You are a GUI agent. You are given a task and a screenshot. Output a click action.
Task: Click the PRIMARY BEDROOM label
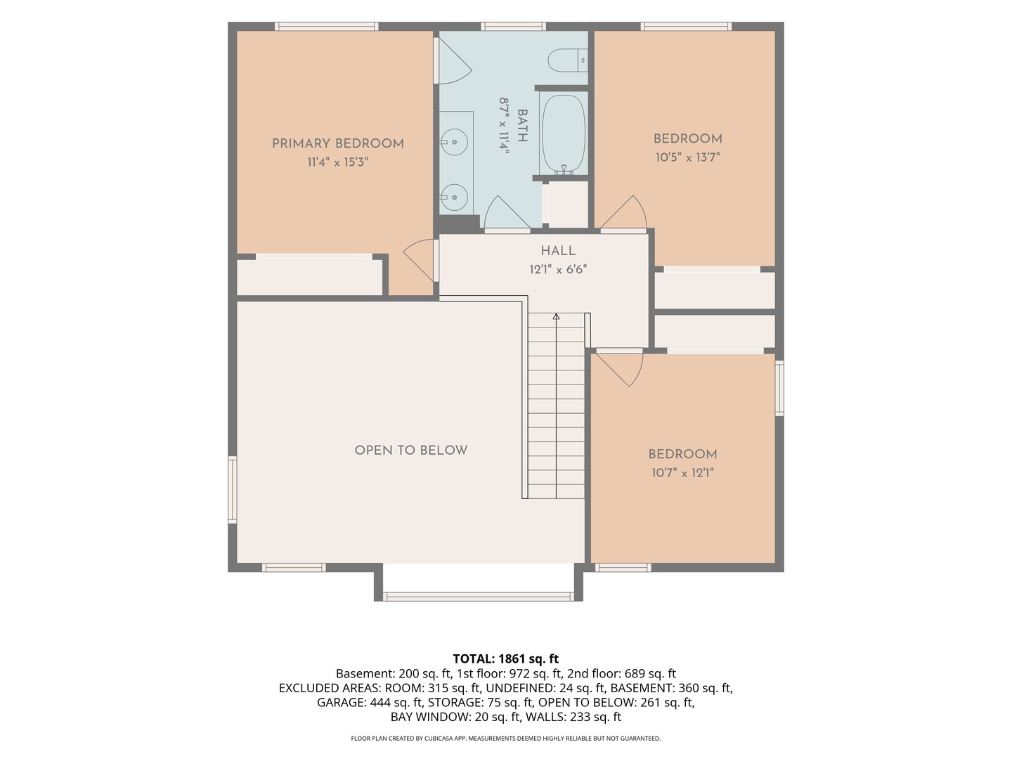click(338, 144)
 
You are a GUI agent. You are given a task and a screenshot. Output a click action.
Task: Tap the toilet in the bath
click(568, 60)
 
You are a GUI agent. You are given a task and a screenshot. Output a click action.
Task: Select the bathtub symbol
click(564, 134)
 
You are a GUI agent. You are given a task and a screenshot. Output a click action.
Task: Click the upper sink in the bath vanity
click(454, 142)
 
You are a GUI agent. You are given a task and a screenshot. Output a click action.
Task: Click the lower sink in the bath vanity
click(454, 197)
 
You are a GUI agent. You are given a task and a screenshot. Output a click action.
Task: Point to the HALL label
click(558, 251)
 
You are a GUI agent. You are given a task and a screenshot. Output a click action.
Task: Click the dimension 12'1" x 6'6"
click(558, 269)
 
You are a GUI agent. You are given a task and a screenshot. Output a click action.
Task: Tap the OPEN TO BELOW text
click(411, 450)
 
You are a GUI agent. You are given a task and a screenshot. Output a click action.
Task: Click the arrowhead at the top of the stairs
click(556, 316)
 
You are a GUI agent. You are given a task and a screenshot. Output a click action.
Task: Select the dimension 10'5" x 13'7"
click(688, 157)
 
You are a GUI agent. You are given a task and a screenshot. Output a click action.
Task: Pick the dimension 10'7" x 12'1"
click(683, 473)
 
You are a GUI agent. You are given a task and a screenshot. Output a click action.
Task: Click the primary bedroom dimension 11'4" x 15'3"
click(338, 162)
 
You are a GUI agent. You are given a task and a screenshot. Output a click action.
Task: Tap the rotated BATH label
click(522, 125)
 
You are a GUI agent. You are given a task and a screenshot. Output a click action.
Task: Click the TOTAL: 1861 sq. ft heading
click(506, 659)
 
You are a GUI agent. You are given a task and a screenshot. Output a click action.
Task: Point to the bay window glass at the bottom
click(478, 597)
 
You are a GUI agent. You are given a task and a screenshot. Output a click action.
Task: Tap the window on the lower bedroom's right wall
click(779, 388)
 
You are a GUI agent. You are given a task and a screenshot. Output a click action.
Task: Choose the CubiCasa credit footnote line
click(506, 738)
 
